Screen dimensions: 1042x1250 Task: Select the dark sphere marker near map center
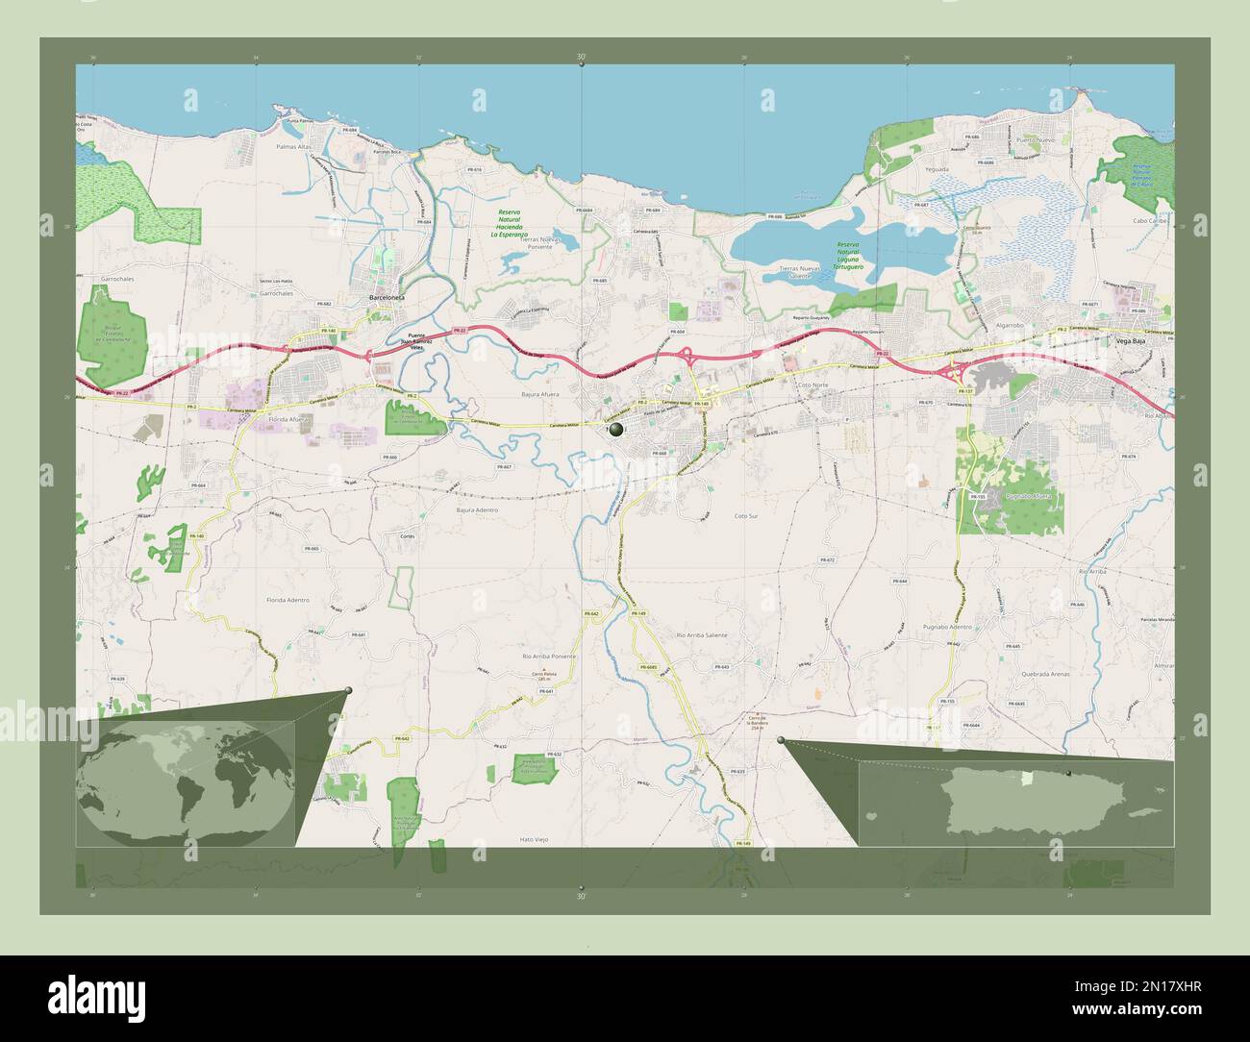pos(615,432)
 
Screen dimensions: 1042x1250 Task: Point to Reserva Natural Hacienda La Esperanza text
pos(510,223)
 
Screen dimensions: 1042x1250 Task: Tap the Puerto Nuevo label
pos(1035,140)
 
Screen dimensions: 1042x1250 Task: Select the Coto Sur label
pos(746,516)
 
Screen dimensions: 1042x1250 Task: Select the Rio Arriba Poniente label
pos(548,655)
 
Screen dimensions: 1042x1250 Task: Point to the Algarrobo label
pos(1010,326)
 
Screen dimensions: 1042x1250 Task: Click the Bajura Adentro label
pos(477,509)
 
